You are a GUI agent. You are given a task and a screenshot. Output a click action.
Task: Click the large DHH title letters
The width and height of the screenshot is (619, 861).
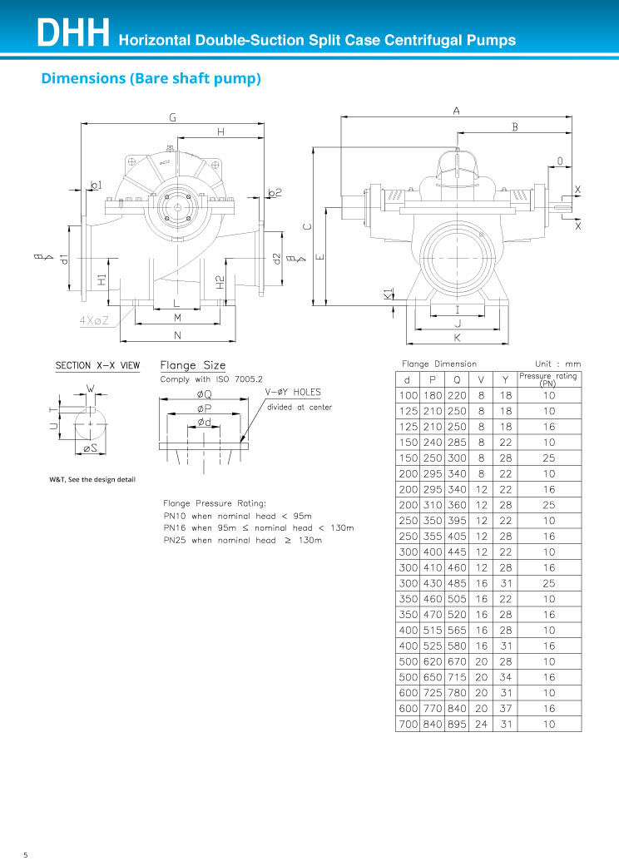(x=73, y=33)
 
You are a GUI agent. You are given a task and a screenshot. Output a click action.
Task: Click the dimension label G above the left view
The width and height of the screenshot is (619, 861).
(x=172, y=117)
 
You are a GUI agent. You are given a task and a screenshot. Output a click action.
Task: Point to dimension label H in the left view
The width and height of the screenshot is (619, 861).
(x=220, y=131)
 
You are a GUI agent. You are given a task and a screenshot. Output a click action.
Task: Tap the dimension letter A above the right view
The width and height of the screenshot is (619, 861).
(x=457, y=111)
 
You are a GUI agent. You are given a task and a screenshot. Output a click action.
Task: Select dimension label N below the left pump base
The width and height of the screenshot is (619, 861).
(x=177, y=335)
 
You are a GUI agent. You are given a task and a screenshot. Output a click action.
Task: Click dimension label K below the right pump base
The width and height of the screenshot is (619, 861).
(x=457, y=338)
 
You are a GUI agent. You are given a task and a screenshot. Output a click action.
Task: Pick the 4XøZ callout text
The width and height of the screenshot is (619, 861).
(x=94, y=320)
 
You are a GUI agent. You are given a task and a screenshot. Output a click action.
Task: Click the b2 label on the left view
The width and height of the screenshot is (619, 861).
(x=275, y=192)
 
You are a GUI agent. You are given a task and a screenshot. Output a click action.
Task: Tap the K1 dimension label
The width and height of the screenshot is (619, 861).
(x=389, y=294)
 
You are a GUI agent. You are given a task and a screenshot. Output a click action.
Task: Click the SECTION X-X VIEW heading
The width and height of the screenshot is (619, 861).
(x=98, y=366)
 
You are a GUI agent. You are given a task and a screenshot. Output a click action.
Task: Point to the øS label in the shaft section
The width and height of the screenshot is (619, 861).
(x=90, y=448)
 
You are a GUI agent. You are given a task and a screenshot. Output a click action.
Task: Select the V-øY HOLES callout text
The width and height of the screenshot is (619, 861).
(x=293, y=392)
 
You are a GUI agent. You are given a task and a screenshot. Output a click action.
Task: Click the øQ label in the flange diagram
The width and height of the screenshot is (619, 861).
(x=205, y=394)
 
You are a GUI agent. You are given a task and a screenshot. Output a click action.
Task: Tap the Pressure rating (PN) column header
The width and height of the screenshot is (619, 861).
(x=548, y=379)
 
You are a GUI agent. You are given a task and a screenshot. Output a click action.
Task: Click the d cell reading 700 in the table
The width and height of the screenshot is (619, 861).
(x=408, y=725)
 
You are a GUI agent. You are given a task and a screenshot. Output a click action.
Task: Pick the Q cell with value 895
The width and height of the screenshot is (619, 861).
(x=457, y=725)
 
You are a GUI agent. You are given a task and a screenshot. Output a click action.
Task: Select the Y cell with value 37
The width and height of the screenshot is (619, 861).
(x=506, y=708)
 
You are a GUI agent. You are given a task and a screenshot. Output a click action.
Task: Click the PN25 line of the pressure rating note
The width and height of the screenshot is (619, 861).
(x=243, y=541)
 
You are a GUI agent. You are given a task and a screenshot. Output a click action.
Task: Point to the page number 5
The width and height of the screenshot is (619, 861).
(x=25, y=854)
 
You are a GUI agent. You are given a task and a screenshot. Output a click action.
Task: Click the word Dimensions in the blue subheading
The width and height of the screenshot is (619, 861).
(x=83, y=78)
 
